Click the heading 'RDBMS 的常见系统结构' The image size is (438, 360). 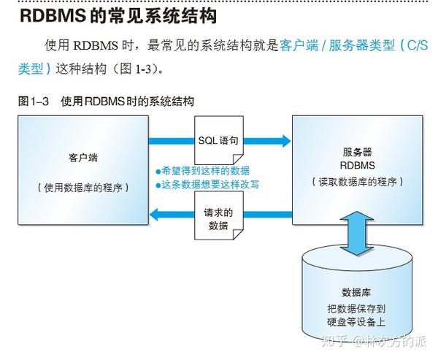coord(118,15)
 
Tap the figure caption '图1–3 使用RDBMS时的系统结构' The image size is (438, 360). coord(106,102)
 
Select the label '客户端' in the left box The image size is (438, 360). coord(83,158)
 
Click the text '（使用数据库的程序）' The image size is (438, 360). coord(83,188)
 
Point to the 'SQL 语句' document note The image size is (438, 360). coord(219,140)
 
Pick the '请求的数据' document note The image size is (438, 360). coord(219,215)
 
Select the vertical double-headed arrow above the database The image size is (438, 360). coord(357,234)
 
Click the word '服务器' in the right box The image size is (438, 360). coord(357,153)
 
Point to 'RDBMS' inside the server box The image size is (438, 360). coord(357,166)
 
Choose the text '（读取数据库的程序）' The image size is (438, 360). coord(357,182)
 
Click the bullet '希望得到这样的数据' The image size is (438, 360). coord(203,171)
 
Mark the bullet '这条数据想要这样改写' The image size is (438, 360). coord(207,185)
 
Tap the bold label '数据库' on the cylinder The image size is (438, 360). coord(356,292)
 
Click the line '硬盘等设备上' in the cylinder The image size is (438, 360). coord(356,322)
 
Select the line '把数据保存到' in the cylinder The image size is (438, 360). coord(356,309)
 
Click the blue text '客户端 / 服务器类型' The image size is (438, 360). coord(337,45)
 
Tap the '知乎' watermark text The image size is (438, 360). coord(334,342)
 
